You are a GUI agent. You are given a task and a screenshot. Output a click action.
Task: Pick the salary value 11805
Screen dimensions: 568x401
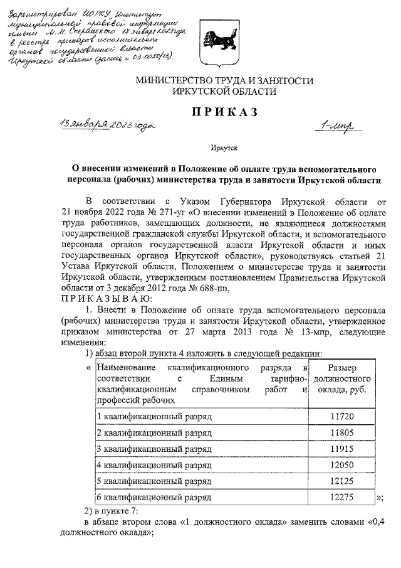pos(341,433)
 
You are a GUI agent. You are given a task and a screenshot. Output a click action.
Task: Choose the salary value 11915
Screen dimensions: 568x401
pos(341,449)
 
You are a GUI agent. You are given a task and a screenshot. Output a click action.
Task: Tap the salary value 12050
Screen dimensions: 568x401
pos(341,466)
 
